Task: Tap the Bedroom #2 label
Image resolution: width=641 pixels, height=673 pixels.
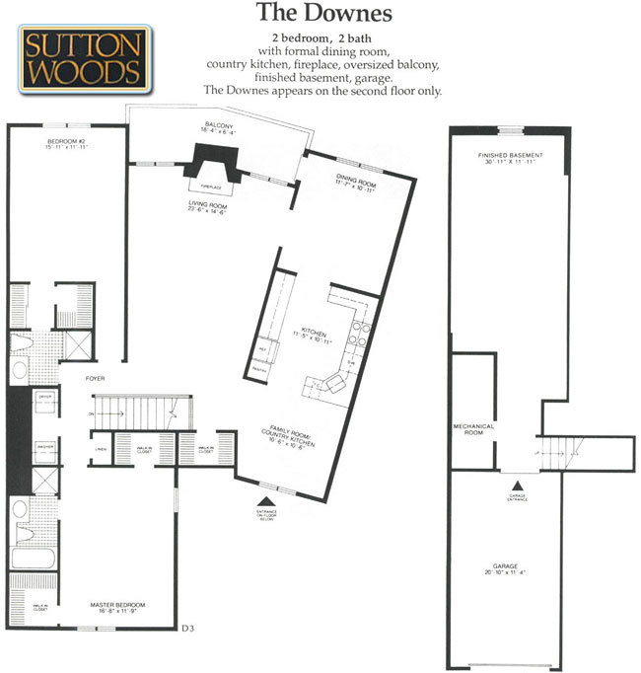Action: pyautogui.click(x=68, y=146)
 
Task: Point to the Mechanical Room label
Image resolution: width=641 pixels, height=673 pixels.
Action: pyautogui.click(x=473, y=429)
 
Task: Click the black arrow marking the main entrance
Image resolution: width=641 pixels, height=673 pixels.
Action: pyautogui.click(x=261, y=499)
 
